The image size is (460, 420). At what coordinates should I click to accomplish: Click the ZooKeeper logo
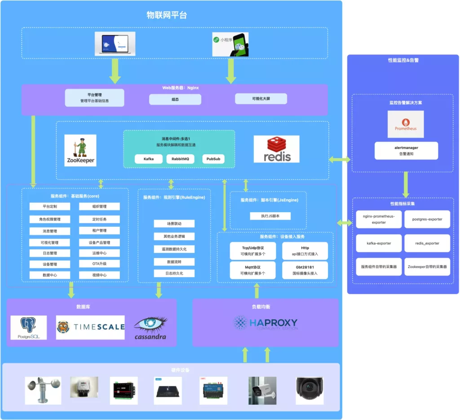tap(80, 150)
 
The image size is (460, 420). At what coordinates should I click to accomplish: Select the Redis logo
tap(276, 149)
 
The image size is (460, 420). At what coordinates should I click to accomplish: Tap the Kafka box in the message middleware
tap(149, 159)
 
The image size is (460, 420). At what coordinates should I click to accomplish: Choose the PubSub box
tap(213, 159)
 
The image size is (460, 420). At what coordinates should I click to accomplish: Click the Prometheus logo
tap(405, 124)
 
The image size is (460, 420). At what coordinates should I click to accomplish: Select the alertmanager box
tap(406, 151)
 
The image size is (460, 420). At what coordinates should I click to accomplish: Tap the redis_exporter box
tap(427, 243)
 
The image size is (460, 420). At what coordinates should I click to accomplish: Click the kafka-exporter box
tap(379, 243)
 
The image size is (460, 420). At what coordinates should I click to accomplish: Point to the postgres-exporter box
tap(427, 219)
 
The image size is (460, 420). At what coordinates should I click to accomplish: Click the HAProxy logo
tap(265, 323)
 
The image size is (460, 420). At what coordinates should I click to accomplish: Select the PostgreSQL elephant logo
tap(29, 327)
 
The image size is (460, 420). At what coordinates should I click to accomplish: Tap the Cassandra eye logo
tap(150, 328)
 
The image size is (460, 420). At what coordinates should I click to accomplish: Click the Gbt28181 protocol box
tap(305, 270)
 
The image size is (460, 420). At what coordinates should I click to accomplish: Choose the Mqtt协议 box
tap(252, 270)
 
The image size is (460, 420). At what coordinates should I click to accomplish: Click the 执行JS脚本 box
tap(270, 216)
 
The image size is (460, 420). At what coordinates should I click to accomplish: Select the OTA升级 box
tap(99, 264)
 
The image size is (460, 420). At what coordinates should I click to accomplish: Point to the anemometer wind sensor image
tap(43, 390)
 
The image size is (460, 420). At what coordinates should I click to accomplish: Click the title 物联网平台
tap(167, 15)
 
